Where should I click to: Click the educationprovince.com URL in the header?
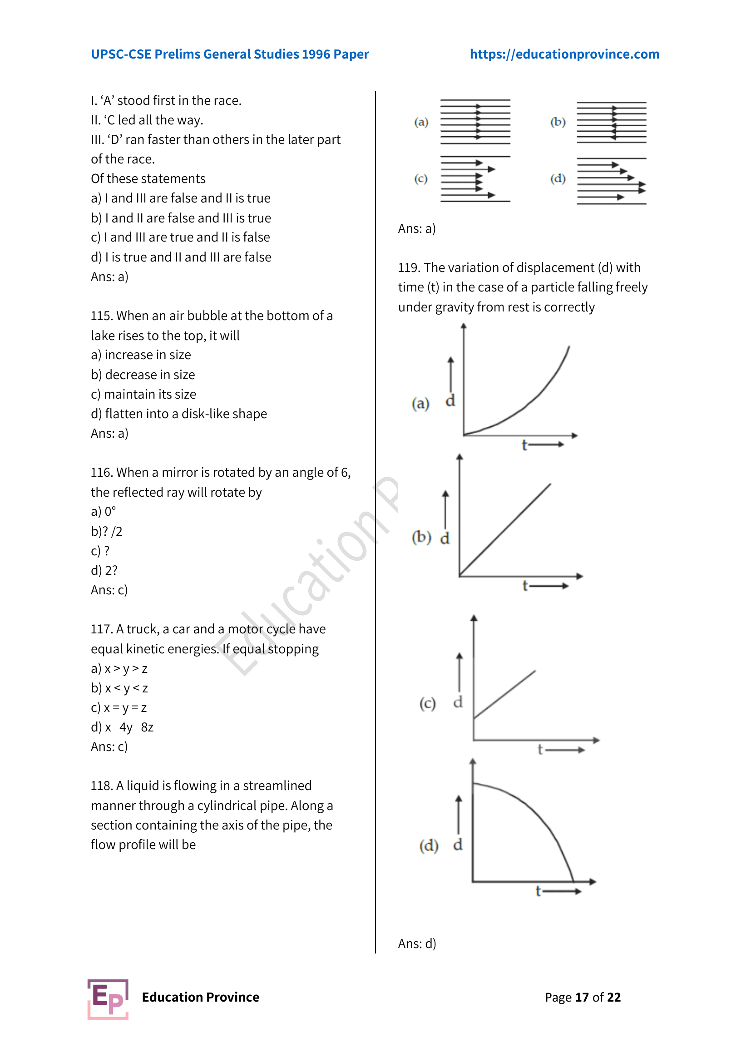(564, 54)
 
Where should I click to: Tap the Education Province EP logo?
(108, 998)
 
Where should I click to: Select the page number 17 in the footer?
(582, 997)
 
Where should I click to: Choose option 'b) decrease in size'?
(143, 375)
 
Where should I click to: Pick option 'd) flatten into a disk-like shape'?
(179, 414)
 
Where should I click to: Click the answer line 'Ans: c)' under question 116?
(109, 590)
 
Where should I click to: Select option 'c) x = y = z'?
(119, 708)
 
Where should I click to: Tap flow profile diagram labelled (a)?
(475, 122)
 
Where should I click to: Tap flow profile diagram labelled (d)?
(611, 180)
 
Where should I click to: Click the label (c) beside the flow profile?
(420, 178)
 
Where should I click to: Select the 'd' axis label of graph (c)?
(458, 702)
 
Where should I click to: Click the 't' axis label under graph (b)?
(525, 586)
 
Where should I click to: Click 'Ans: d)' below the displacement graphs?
(417, 943)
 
